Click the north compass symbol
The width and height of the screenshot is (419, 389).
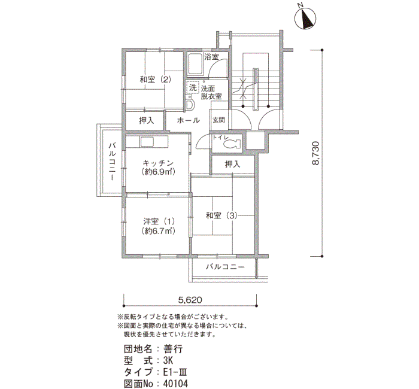coord(305,18)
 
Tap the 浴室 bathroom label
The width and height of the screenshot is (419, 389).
coord(212,57)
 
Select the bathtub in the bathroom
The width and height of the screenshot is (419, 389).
coord(195,64)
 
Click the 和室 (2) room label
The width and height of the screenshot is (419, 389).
coord(155,80)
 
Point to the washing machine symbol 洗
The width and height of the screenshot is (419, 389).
coord(193,87)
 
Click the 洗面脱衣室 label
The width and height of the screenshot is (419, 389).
coord(211,92)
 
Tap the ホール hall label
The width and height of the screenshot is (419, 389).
coord(189,120)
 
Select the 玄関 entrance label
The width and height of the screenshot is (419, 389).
coord(218,120)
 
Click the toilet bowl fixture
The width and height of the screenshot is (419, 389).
coord(230,145)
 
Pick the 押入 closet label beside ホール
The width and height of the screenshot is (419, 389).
coord(147,121)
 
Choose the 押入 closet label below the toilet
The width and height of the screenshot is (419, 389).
coord(232,164)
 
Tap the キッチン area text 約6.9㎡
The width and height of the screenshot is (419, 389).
coord(158,172)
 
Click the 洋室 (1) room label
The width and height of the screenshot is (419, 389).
coord(159,221)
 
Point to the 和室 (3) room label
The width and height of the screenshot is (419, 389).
coord(221,215)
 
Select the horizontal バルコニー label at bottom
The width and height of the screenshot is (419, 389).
coord(225,267)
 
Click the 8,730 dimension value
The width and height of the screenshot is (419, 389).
coord(315,153)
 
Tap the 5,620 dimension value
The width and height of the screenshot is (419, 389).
coord(190,300)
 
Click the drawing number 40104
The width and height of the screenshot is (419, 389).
coord(175,384)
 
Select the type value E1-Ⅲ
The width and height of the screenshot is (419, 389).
coord(175,372)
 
